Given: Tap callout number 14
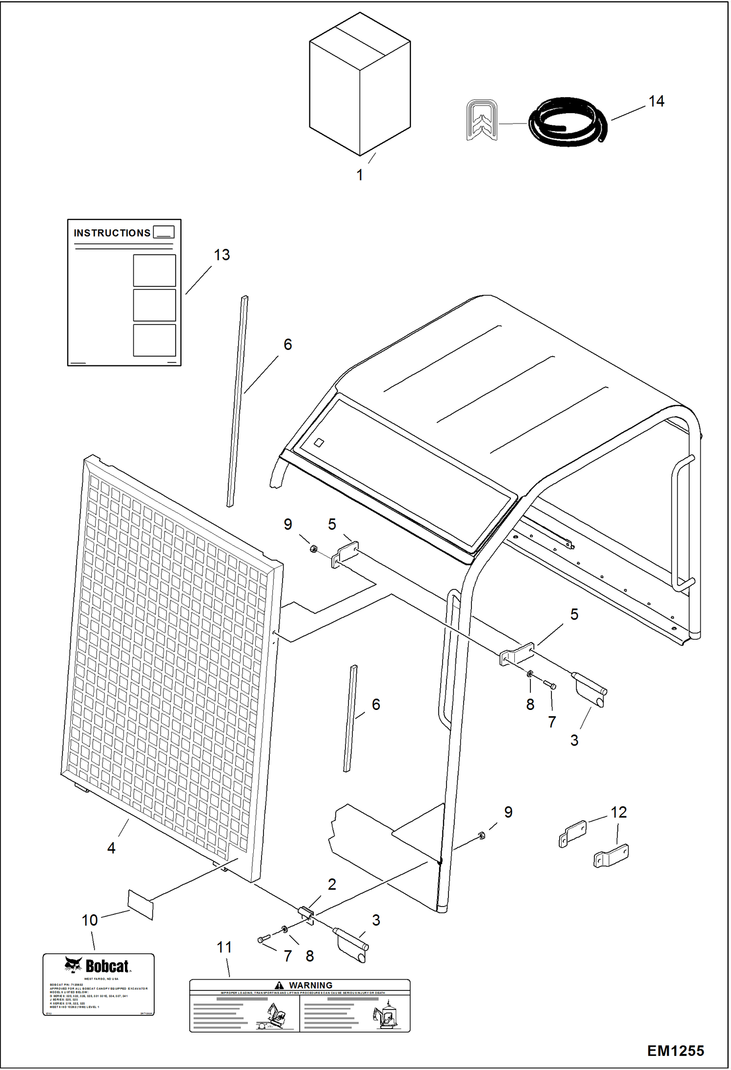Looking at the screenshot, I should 656,101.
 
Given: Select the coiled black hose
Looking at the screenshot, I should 568,122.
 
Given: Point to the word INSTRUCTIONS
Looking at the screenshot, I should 112,233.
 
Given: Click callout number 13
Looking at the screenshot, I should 222,255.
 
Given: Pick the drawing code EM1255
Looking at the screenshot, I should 675,1050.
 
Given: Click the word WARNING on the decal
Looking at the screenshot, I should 310,985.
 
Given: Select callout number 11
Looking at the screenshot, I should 224,947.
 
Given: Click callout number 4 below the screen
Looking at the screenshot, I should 111,848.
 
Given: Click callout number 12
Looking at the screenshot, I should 618,812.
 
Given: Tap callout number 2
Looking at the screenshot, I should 332,884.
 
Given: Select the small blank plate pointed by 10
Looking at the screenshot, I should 141,904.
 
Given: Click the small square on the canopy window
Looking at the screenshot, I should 319,443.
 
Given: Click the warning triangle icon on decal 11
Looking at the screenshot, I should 279,985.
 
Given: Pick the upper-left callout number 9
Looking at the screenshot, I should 288,524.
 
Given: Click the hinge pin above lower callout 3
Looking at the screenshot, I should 350,939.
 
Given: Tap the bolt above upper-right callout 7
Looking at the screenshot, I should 549,685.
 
